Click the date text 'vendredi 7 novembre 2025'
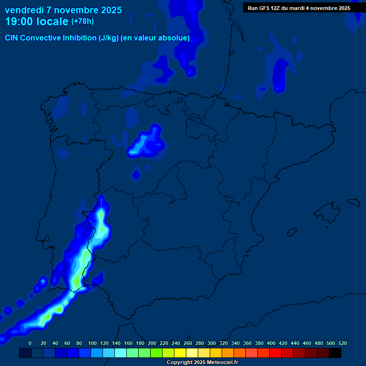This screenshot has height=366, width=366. click(63, 10)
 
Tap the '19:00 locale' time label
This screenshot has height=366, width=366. click(37, 21)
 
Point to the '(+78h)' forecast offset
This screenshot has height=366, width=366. click(82, 21)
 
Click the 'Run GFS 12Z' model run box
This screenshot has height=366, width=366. click(299, 8)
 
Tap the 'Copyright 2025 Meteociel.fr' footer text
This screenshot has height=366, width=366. click(202, 363)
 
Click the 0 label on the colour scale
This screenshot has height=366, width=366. click(30, 343)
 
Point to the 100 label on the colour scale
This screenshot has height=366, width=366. click(92, 343)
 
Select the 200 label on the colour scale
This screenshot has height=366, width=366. click(152, 343)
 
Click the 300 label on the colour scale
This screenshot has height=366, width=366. click(212, 343)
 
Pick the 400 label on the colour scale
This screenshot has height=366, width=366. click(271, 343)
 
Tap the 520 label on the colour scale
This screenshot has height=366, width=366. click(343, 343)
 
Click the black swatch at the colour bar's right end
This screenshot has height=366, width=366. click(335, 353)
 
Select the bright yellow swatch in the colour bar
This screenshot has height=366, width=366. click(180, 353)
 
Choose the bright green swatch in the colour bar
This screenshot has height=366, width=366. click(156, 353)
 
